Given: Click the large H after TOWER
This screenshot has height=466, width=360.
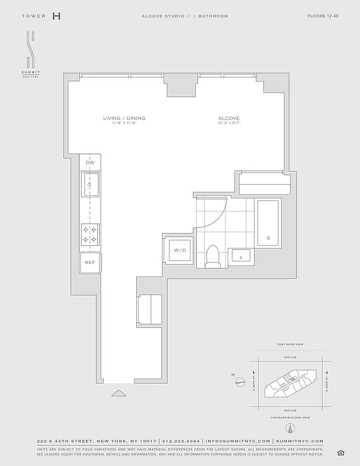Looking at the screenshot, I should click(x=56, y=16).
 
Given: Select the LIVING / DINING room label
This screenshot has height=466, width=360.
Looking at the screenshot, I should click(x=124, y=119).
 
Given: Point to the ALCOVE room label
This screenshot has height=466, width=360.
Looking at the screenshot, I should click(x=229, y=119).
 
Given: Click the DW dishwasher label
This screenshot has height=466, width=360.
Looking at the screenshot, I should click(x=90, y=163).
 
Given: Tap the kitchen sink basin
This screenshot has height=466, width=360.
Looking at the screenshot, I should click(x=90, y=185).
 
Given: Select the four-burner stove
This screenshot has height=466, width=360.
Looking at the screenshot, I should click(x=90, y=234).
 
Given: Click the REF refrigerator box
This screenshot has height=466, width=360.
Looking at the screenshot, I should click(x=90, y=263).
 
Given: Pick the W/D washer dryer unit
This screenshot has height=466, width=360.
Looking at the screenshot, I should click(x=178, y=250).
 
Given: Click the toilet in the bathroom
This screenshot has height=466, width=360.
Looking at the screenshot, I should click(x=213, y=257).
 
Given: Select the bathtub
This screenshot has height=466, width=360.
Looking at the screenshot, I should click(x=268, y=223).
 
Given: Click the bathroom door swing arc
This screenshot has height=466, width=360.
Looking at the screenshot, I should click(x=216, y=216).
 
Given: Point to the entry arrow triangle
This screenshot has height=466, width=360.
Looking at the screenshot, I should click(x=118, y=393).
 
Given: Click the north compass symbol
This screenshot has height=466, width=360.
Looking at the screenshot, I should click(x=239, y=382).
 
